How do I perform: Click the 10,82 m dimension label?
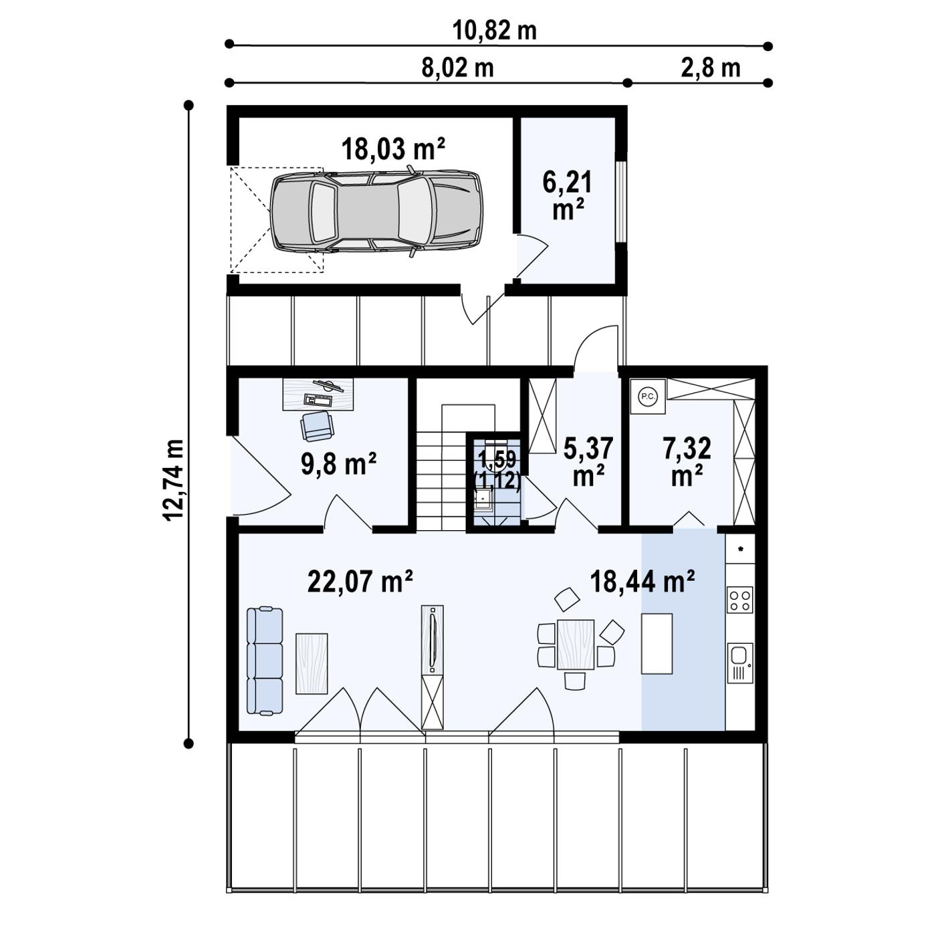(x=495, y=31)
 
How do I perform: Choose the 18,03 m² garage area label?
(x=393, y=148)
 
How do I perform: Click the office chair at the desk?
(x=317, y=426)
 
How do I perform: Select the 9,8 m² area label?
(x=339, y=463)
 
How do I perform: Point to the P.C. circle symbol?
(x=647, y=396)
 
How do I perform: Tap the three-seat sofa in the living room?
(x=264, y=660)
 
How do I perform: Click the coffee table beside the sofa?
(x=312, y=663)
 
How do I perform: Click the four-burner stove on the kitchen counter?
(x=740, y=599)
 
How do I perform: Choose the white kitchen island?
(x=657, y=644)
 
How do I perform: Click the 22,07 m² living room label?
(x=360, y=581)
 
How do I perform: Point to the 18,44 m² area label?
(x=642, y=581)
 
